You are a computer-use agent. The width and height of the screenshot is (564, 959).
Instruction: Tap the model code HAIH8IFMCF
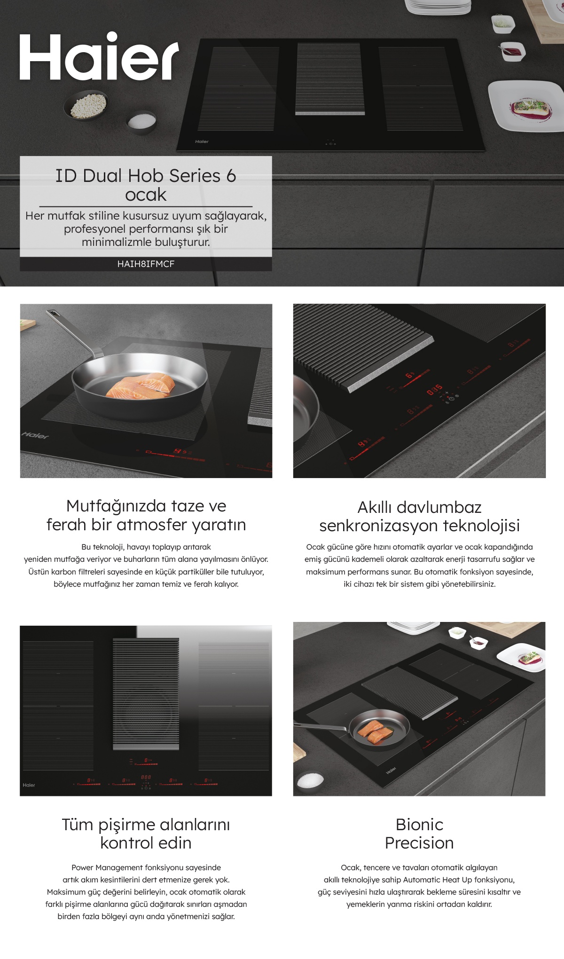[146, 264]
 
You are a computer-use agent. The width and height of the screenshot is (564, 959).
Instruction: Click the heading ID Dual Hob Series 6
[146, 176]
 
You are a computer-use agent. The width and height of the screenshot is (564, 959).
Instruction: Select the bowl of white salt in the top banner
[141, 122]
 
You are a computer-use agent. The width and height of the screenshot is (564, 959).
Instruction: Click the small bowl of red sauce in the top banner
[512, 51]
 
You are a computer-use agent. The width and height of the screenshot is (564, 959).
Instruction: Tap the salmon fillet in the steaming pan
[141, 385]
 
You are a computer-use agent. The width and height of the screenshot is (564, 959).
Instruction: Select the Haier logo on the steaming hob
[35, 435]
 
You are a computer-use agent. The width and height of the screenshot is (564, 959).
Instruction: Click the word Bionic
[419, 825]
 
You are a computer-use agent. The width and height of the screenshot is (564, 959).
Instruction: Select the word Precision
[419, 843]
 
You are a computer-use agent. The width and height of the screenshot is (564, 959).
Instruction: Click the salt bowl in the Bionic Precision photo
[310, 780]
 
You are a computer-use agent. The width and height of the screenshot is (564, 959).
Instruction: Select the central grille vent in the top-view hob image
[146, 694]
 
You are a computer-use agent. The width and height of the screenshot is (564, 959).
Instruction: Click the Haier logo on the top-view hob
[29, 785]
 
